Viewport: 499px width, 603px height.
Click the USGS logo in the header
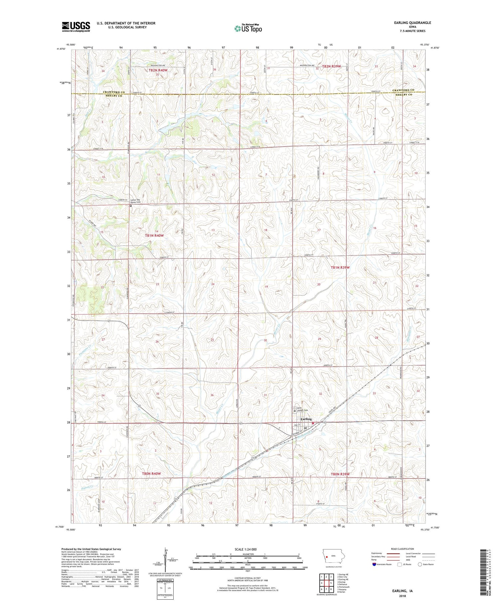(x=76, y=27)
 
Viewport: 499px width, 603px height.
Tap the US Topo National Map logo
(x=248, y=28)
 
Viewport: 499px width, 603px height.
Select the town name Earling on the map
(x=305, y=419)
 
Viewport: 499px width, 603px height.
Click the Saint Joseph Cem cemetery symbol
(x=294, y=411)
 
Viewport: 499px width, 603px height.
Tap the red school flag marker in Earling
(x=313, y=423)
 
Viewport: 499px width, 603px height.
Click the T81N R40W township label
(x=154, y=235)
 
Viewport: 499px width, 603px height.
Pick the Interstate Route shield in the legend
(x=375, y=564)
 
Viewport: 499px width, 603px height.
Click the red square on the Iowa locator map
(x=327, y=556)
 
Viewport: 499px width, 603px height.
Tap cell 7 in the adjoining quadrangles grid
(x=327, y=580)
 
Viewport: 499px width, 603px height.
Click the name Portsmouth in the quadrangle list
(x=344, y=578)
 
